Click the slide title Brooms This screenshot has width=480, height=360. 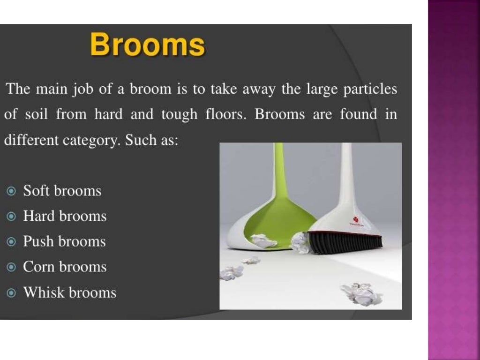tap(147, 46)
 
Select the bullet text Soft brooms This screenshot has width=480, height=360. tap(62, 191)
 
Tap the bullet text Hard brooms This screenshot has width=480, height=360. tap(65, 217)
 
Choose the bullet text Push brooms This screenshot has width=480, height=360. tap(64, 242)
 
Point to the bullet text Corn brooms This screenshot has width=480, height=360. tap(65, 267)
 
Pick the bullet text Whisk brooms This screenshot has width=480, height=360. tap(69, 293)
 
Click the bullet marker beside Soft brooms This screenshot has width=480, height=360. tap(12, 191)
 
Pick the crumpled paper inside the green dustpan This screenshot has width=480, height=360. tap(263, 241)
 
